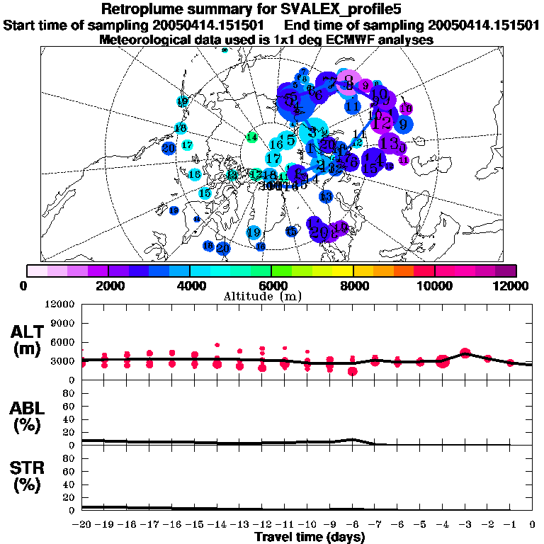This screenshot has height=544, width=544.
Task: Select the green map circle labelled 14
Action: [251, 137]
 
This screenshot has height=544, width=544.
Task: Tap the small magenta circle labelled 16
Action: [406, 109]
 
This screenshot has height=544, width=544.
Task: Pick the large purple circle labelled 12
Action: [382, 123]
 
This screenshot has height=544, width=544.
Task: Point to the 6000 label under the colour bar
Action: [271, 285]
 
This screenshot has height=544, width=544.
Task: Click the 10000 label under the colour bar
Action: [434, 285]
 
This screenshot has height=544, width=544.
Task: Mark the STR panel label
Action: [28, 477]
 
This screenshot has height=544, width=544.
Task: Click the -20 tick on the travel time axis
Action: [82, 525]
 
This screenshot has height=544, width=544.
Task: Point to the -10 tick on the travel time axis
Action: [307, 525]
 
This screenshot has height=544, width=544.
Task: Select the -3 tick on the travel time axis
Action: [465, 525]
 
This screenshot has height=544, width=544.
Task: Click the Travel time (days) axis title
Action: [310, 537]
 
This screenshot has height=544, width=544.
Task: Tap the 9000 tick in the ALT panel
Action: [63, 323]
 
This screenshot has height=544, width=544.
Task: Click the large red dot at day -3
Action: [465, 353]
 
